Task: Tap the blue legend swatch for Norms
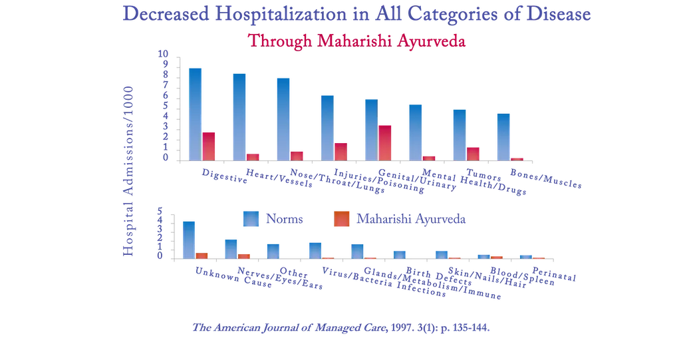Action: (251, 218)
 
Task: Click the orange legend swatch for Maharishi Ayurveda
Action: (340, 218)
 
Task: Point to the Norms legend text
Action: (285, 218)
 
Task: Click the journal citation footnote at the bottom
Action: (340, 328)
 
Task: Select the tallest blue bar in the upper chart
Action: (195, 113)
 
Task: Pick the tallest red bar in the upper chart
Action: (386, 142)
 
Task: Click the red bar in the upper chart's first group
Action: (209, 145)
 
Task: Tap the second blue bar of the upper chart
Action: (239, 115)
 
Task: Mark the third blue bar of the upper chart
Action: (283, 118)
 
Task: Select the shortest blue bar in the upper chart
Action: (504, 136)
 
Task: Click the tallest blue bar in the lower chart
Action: (188, 238)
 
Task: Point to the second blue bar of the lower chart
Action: (231, 247)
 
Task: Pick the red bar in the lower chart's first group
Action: (203, 256)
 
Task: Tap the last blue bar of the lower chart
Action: (525, 256)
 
